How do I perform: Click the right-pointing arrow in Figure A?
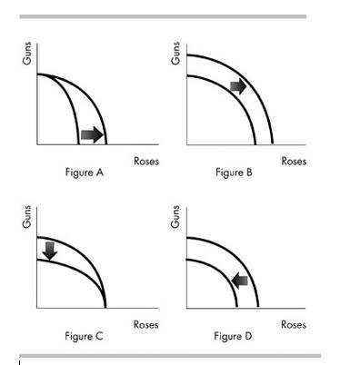(x=92, y=134)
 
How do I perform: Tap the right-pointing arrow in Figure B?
(x=237, y=85)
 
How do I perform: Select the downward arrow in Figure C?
(x=50, y=249)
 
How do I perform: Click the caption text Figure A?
(x=84, y=173)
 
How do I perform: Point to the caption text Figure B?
(x=235, y=173)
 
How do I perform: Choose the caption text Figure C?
(x=84, y=336)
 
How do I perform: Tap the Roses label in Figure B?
(x=294, y=162)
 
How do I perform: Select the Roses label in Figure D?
(x=294, y=324)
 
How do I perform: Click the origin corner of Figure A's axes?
(x=37, y=144)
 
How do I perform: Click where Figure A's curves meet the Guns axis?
(x=37, y=74)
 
